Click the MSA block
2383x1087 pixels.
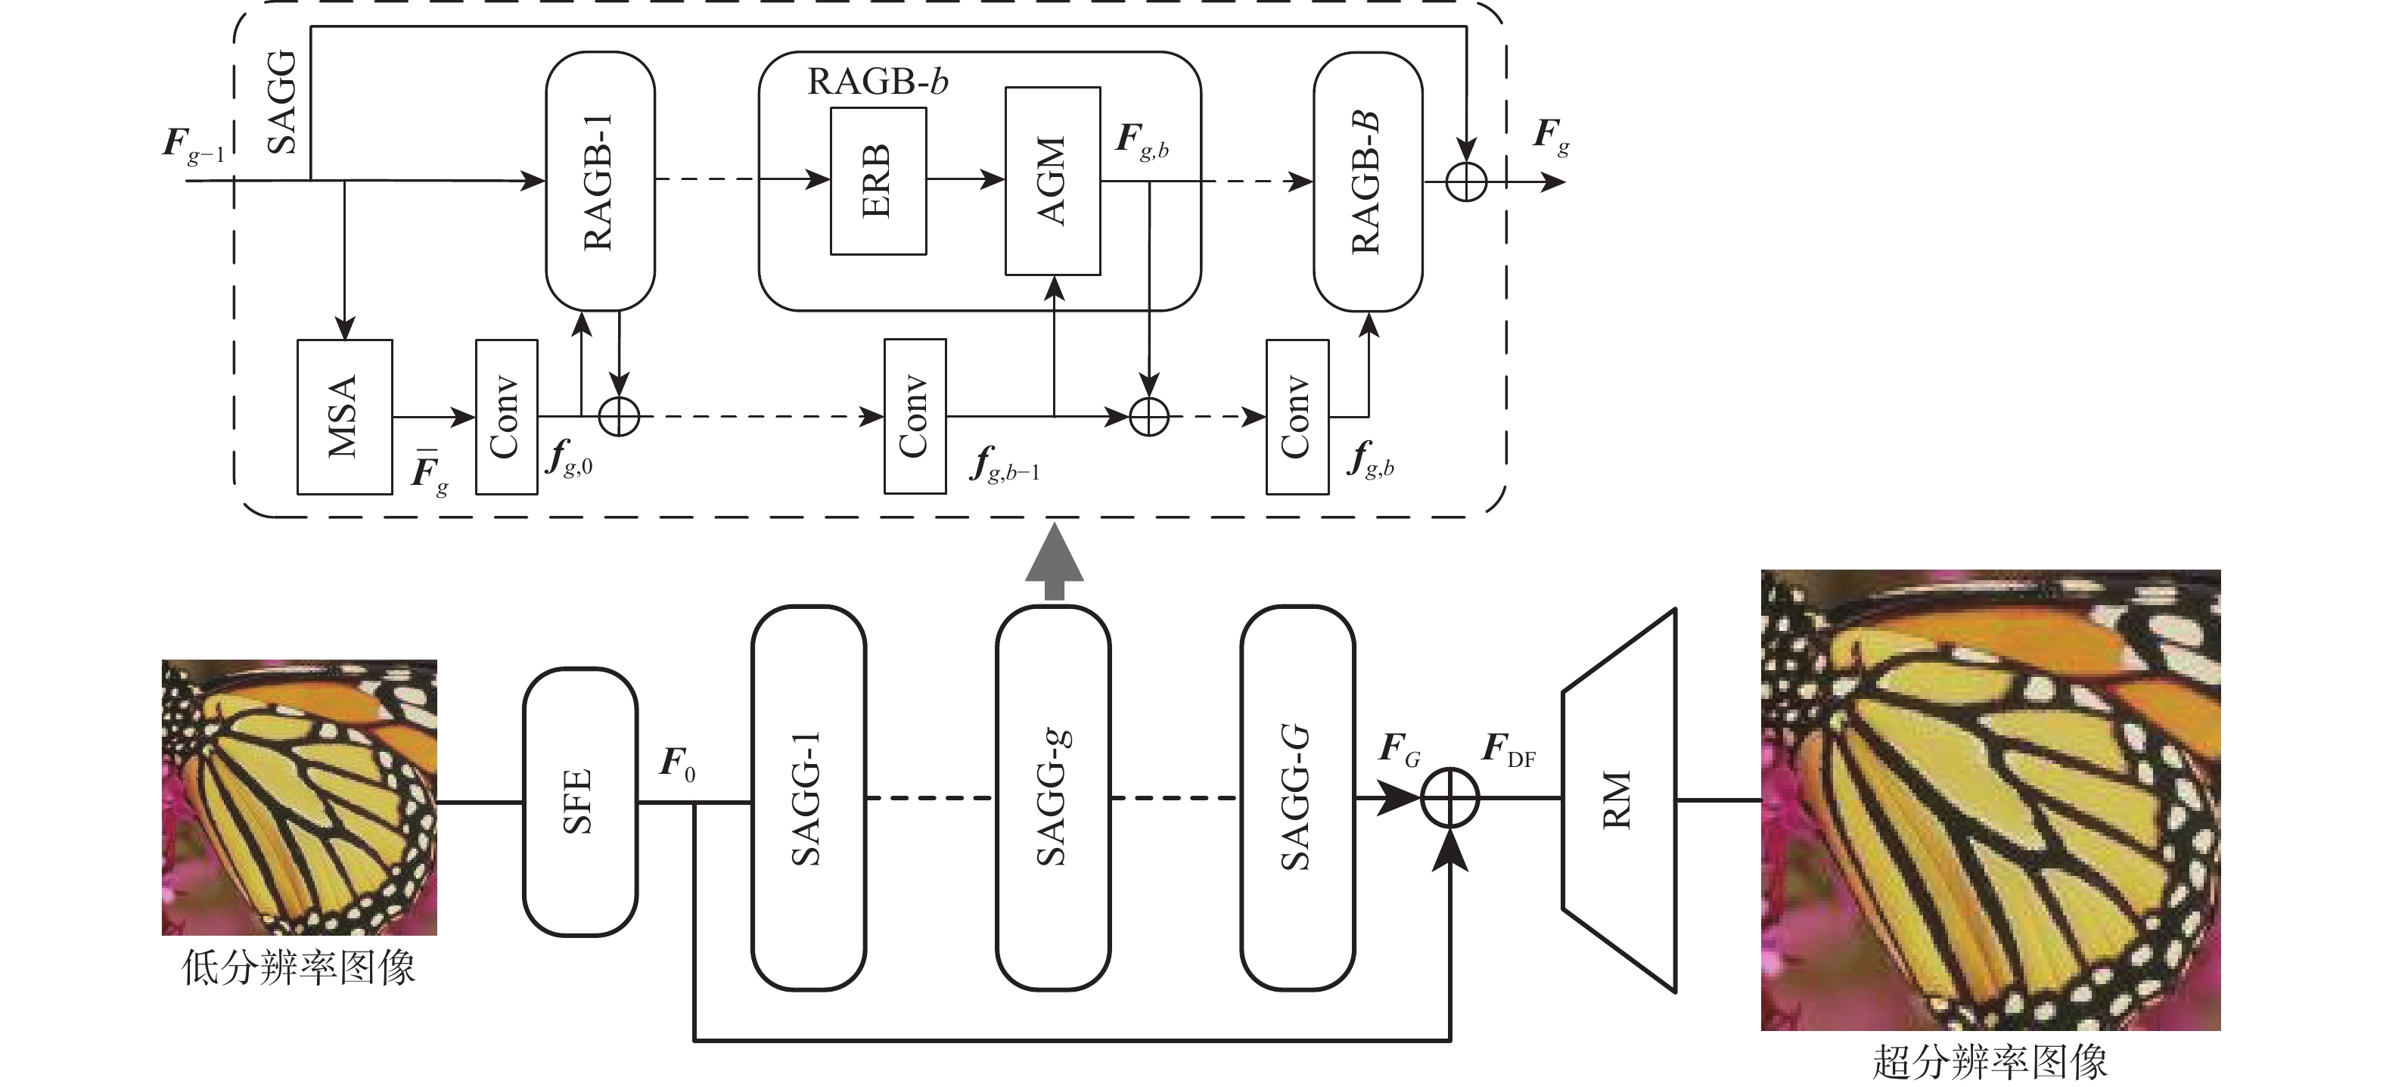coord(344,416)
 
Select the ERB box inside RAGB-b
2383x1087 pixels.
coord(878,182)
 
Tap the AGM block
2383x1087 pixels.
coord(1053,182)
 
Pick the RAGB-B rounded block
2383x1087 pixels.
coord(1367,182)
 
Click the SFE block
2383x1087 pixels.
coord(580,801)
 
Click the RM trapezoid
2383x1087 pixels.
coord(1619,800)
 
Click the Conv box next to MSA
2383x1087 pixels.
coord(506,416)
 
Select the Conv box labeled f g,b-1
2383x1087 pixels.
coord(915,416)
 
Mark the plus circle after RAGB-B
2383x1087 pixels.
coord(1466,182)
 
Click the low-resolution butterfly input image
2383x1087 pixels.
coord(299,797)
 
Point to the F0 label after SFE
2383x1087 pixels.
coord(677,764)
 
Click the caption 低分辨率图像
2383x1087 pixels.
coord(299,967)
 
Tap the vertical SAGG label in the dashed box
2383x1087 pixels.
coord(282,102)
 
